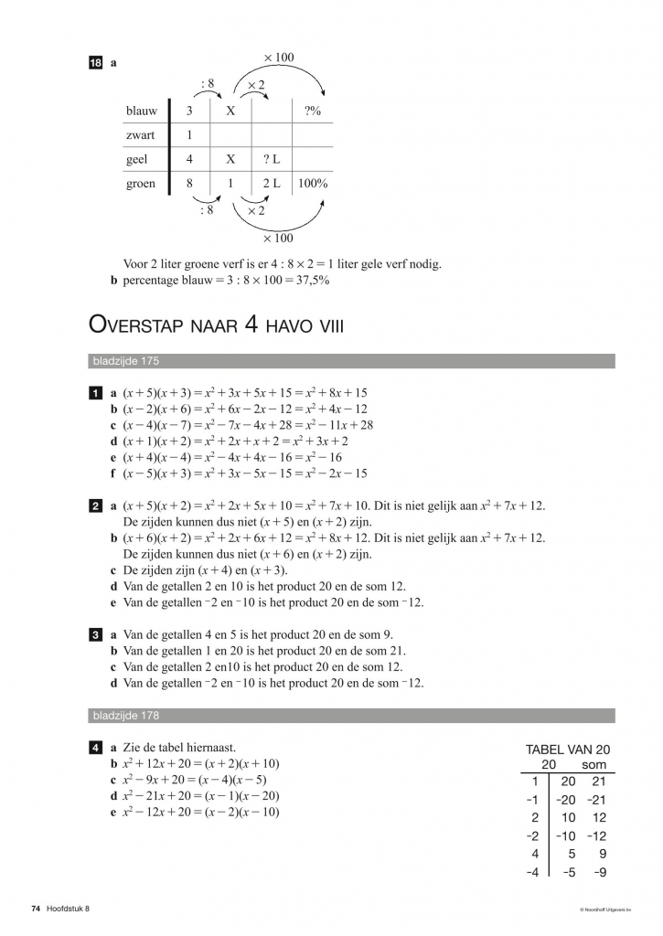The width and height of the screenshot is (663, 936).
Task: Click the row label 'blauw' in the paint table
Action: (x=141, y=111)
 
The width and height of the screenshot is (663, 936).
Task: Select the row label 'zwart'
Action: (x=140, y=135)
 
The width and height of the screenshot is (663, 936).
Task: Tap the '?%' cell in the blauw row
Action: (x=312, y=111)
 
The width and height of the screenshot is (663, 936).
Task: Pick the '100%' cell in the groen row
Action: (x=313, y=183)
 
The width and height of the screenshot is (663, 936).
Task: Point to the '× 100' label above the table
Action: (x=279, y=58)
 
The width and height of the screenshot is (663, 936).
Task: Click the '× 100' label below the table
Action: (x=279, y=239)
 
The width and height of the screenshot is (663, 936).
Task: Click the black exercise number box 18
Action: (x=95, y=63)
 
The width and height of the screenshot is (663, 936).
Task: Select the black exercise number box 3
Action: (x=95, y=634)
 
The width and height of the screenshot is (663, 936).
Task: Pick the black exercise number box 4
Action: (x=95, y=748)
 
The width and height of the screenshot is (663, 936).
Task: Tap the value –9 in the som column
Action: (x=599, y=872)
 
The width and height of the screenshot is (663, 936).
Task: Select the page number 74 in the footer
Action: (x=36, y=909)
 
